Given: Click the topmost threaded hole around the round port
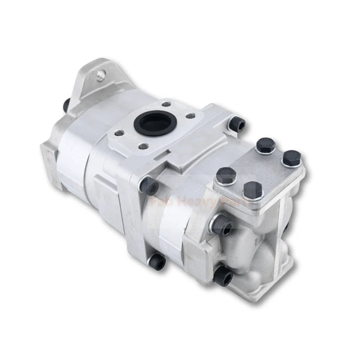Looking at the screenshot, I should tap(165, 104).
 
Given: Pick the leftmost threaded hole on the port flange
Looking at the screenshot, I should tap(119, 133).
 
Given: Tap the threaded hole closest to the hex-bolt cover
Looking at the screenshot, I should tap(190, 116).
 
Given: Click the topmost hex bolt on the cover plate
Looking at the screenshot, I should tap(265, 145).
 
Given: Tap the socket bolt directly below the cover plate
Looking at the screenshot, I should tap(222, 226).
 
